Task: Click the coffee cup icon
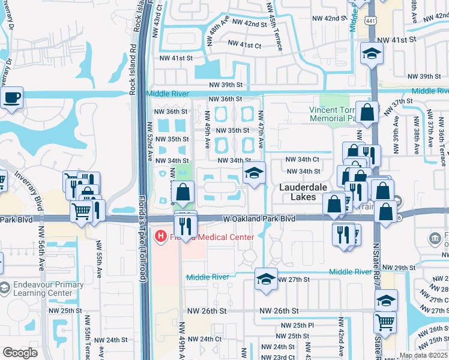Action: click(x=11, y=97)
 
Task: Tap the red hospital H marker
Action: click(x=160, y=237)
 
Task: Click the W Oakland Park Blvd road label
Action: click(x=260, y=219)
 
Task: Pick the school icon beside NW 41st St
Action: click(x=372, y=54)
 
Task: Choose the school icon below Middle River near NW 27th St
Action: click(x=266, y=279)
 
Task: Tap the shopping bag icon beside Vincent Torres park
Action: click(x=367, y=112)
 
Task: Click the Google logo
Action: click(x=20, y=353)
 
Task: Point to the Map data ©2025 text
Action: click(x=423, y=355)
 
